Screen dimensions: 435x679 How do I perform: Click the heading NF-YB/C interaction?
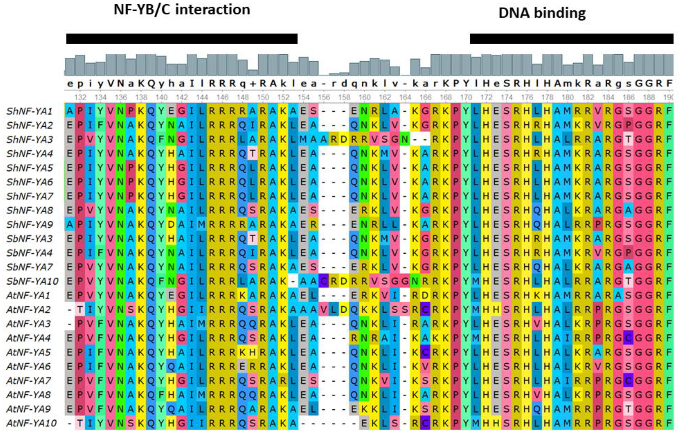(182, 10)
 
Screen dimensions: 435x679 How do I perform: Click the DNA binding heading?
(542, 13)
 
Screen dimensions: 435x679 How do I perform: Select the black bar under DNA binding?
(571, 38)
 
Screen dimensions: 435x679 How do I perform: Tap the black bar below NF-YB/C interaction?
(182, 38)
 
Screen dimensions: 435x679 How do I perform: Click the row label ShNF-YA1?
(30, 111)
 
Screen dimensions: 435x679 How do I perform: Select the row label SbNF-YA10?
(32, 281)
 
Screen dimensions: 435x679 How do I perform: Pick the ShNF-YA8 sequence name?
(30, 211)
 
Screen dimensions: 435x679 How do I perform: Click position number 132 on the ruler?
(80, 98)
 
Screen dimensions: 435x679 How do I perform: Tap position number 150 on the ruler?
(263, 98)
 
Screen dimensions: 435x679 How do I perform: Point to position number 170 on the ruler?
(466, 98)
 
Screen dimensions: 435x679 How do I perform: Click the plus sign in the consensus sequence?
(253, 84)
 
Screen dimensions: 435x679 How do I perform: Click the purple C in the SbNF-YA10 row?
(324, 281)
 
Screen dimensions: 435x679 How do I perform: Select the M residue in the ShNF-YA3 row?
(303, 139)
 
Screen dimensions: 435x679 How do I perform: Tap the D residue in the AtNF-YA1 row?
(425, 296)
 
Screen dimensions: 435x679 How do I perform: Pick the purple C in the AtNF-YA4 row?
(628, 338)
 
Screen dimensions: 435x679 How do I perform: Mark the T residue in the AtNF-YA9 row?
(628, 409)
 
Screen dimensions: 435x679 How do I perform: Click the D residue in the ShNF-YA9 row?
(171, 224)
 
